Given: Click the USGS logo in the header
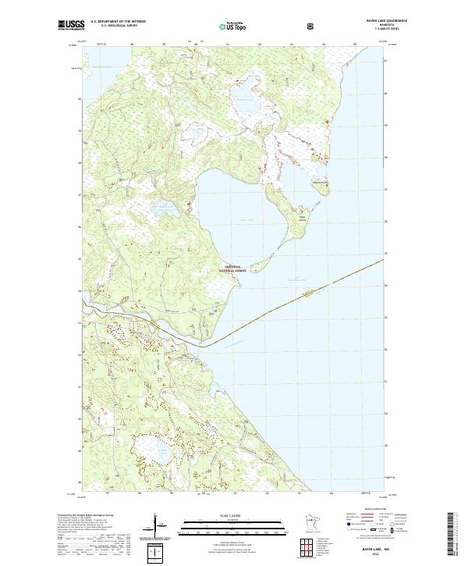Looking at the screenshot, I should (71, 26).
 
